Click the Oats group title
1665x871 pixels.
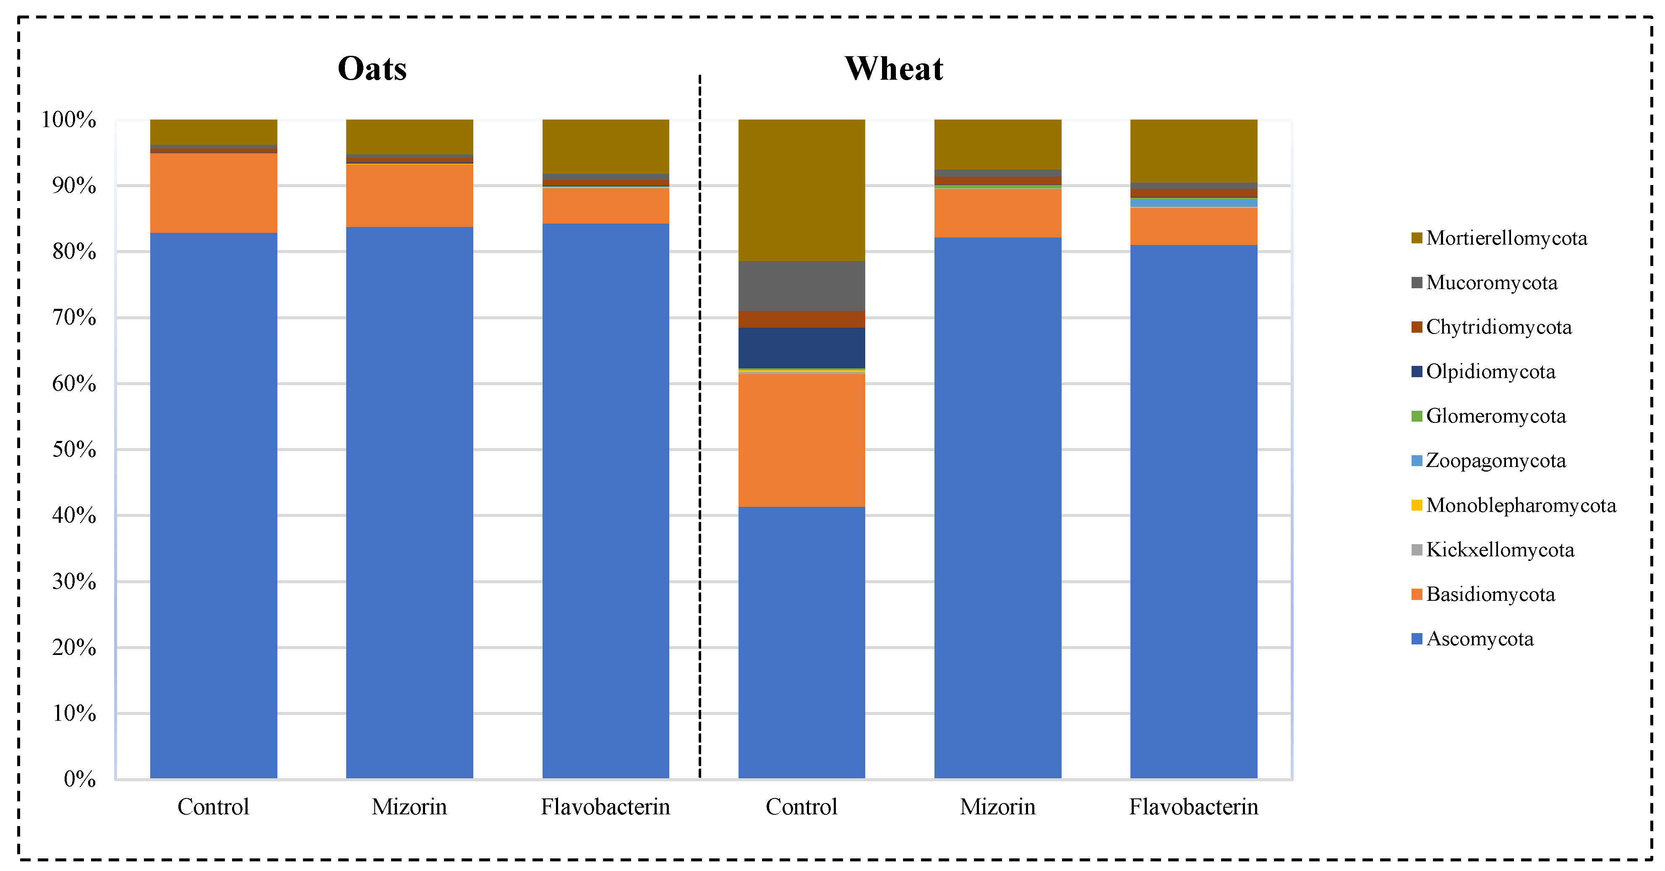point(372,68)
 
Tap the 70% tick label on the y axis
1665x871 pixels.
point(74,317)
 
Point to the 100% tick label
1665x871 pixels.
point(68,120)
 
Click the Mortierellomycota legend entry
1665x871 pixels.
point(1506,238)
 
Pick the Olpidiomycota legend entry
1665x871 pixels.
point(1490,372)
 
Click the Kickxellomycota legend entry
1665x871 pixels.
point(1500,550)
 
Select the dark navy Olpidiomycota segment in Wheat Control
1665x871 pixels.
point(801,348)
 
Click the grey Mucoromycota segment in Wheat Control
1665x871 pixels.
point(801,286)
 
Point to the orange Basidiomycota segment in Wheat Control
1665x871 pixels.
point(801,439)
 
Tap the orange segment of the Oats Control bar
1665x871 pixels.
point(213,193)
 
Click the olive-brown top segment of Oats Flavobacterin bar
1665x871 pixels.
point(605,146)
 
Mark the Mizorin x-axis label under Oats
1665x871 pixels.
point(409,807)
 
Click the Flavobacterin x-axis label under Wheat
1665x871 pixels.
point(1193,807)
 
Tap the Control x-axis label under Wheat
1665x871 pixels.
point(801,807)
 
